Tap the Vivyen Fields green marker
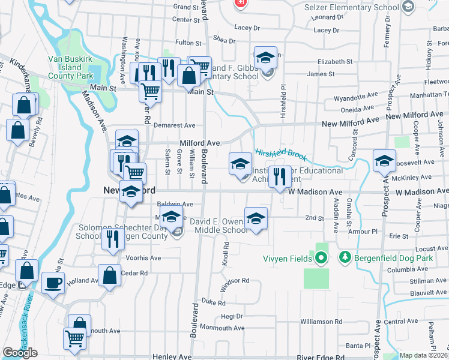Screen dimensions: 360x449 [321, 258]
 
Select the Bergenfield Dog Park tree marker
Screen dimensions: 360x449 [345, 258]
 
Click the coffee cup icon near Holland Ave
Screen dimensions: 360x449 [53, 282]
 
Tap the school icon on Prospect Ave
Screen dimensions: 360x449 [384, 161]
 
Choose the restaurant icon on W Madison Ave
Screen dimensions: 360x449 [278, 176]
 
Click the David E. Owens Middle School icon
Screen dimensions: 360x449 [256, 218]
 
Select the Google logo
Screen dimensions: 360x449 [20, 353]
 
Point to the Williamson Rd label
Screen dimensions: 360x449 [322, 322]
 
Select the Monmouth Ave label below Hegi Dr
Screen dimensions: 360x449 [222, 328]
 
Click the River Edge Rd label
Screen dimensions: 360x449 [324, 357]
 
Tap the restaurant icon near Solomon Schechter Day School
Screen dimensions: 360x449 [112, 239]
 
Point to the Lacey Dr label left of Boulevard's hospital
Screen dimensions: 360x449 [247, 28]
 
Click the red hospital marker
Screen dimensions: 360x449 [241, 3]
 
